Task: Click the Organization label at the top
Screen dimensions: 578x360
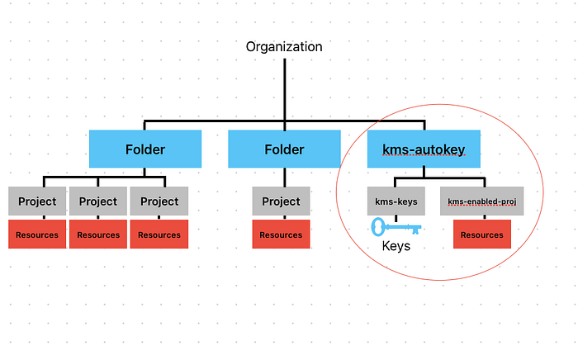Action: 284,47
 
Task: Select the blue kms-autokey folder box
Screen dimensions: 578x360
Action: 424,149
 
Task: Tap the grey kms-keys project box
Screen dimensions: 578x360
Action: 396,201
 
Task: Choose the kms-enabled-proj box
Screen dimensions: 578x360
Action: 481,201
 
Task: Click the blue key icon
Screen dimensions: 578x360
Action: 396,226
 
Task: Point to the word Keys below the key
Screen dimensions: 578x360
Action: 396,246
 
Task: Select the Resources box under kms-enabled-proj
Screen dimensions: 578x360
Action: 482,234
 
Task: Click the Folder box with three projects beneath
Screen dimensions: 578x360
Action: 145,149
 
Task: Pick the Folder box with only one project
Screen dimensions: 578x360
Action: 284,149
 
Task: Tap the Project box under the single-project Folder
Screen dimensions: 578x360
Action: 281,201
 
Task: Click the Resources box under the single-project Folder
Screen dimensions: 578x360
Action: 281,234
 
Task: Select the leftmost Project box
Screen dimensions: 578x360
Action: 37,201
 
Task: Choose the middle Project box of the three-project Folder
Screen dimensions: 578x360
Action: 98,201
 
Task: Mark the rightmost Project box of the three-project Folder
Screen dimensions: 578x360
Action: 159,201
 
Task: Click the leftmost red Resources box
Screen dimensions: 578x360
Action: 37,234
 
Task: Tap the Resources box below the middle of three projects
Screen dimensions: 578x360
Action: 98,234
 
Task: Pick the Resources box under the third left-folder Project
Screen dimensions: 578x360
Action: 159,234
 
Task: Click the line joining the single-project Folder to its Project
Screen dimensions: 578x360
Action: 285,178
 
